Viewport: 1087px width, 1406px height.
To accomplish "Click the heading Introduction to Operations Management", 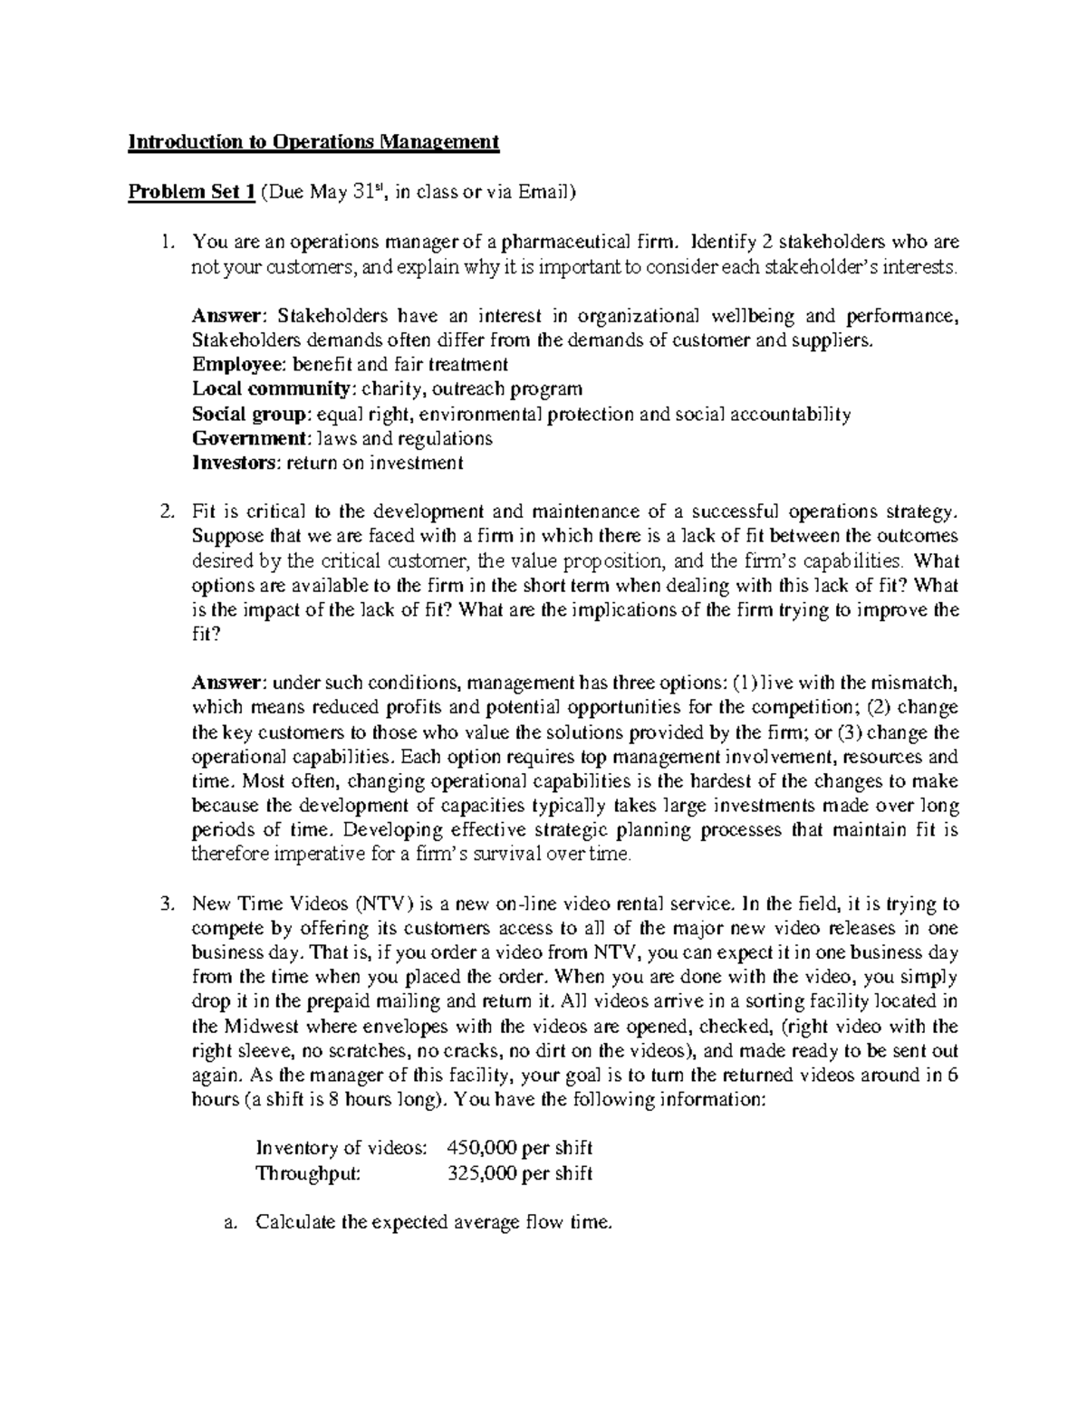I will (x=313, y=142).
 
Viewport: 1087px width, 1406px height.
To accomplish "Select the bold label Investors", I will (x=236, y=464).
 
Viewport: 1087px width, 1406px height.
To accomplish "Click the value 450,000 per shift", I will (x=520, y=1149).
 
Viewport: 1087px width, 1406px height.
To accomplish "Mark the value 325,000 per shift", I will (x=520, y=1174).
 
